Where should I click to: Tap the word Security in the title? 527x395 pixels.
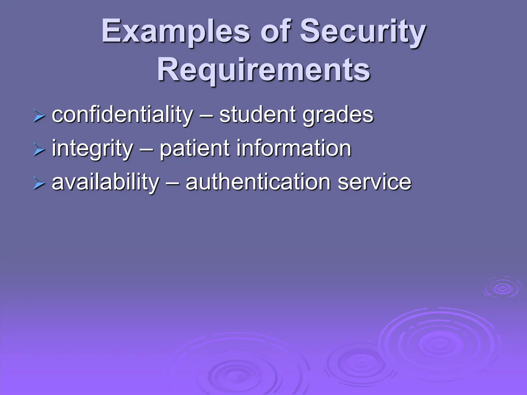pos(363,32)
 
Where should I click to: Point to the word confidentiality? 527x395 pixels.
pos(122,115)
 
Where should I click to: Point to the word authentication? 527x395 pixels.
pos(258,182)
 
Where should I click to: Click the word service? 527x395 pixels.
pos(374,182)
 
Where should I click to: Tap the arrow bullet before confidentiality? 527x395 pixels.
pos(39,116)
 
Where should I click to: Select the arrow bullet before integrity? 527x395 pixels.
pos(39,150)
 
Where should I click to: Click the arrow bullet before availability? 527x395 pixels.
pos(39,184)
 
